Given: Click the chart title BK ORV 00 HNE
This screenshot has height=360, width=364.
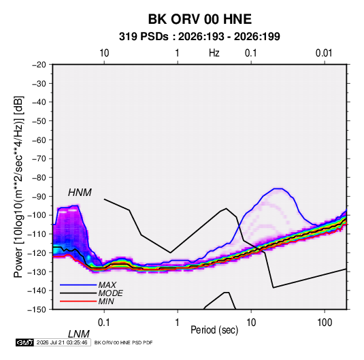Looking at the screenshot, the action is tap(199, 19).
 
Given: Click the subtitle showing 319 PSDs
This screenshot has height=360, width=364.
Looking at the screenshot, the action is tap(199, 37).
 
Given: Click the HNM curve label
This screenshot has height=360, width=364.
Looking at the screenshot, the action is tap(80, 193).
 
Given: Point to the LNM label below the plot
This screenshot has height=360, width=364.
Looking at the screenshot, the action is tap(78, 334).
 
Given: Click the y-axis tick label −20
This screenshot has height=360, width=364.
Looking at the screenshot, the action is tap(39, 65).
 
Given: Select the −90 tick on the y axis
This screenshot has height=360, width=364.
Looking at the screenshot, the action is tap(39, 197).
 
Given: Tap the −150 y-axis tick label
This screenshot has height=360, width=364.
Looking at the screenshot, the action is tap(37, 310).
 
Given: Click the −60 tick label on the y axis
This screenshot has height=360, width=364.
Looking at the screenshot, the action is tap(39, 140).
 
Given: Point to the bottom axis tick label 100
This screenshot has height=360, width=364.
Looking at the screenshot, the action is tap(325, 323).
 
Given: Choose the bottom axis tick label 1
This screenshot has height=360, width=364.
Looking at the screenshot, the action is tap(178, 323).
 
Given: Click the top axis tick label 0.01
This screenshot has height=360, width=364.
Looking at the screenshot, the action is tap(324, 53).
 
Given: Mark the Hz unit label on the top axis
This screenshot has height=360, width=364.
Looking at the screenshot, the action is tap(214, 53).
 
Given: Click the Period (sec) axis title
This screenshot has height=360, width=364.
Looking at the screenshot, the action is tap(214, 330).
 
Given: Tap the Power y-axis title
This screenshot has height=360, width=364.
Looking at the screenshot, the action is tap(18, 186).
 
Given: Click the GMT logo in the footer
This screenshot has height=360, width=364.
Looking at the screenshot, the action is tap(24, 342).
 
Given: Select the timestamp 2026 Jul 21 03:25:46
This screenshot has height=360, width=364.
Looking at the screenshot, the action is tap(62, 342).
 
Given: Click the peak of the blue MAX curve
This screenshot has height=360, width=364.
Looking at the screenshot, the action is tap(278, 189).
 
